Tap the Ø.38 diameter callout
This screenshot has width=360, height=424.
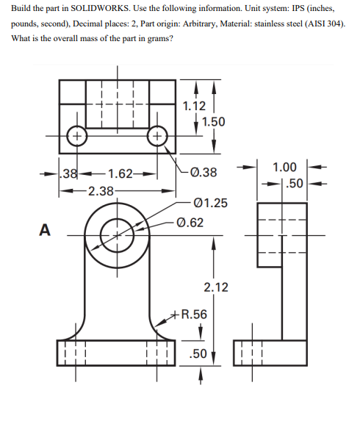click(x=204, y=173)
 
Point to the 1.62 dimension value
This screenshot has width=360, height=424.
click(x=119, y=174)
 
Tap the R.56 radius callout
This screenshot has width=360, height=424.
click(x=195, y=315)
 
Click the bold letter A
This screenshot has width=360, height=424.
click(x=44, y=231)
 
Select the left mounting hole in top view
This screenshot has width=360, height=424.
click(x=74, y=136)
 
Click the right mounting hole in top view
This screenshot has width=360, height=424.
click(x=156, y=136)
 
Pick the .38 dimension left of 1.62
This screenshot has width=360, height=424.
click(x=70, y=174)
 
